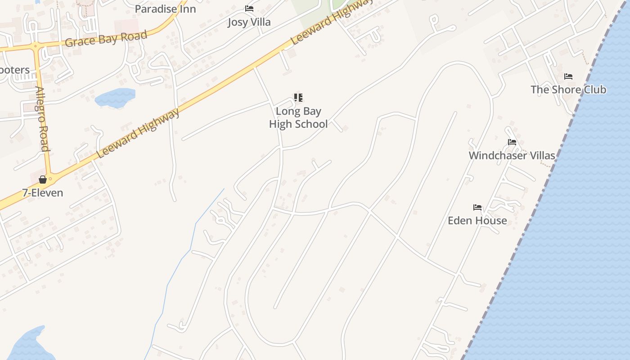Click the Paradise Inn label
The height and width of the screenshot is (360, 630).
click(165, 9)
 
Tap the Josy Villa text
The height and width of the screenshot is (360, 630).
click(249, 22)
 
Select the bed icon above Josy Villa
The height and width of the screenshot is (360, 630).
click(249, 9)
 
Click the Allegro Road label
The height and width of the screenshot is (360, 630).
click(42, 118)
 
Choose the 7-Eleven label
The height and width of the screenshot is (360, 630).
click(43, 193)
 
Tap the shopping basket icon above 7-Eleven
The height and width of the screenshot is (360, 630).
click(43, 180)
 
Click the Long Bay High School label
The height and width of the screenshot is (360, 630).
click(298, 117)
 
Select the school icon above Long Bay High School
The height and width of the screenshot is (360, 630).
click(298, 98)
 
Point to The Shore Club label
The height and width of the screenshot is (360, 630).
click(568, 90)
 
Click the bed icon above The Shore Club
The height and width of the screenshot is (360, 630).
click(568, 76)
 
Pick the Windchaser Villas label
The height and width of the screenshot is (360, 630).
click(512, 156)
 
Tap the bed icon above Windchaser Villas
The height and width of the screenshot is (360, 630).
click(512, 142)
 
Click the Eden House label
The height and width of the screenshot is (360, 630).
click(477, 220)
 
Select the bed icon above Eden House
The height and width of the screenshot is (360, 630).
click(477, 207)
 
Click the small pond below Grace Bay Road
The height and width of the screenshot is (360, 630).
click(115, 98)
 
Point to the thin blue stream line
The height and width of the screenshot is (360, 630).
click(180, 261)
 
